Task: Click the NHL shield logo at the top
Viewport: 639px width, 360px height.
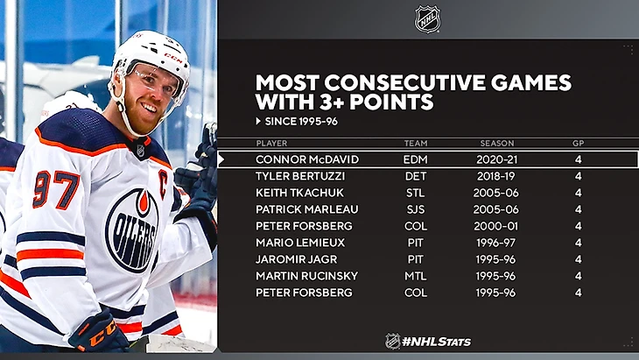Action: point(427,18)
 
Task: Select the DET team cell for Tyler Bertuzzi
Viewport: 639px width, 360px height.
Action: point(416,177)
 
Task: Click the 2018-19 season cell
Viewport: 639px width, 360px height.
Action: point(497,177)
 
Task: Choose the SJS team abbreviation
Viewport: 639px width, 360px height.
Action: point(416,209)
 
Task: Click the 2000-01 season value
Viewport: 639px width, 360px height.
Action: point(497,226)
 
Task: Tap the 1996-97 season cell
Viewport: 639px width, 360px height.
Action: point(497,243)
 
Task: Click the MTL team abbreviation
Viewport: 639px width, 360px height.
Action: point(416,276)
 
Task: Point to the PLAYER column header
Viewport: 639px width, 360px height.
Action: point(271,143)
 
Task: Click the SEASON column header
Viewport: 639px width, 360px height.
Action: point(497,143)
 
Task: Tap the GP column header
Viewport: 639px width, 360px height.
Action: point(579,143)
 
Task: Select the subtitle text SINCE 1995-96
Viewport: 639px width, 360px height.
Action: point(301,121)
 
